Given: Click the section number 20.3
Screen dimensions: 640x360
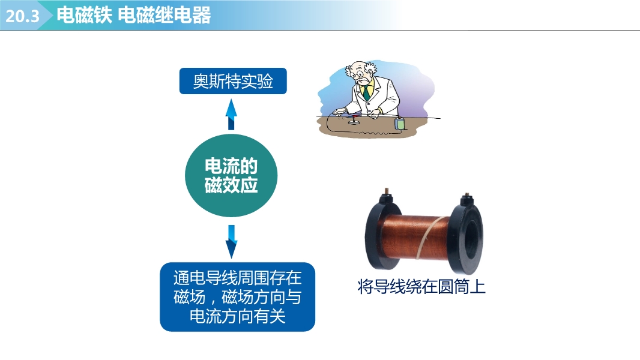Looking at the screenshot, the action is pyautogui.click(x=22, y=16).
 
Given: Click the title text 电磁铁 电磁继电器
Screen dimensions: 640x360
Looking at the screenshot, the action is pyautogui.click(x=133, y=15).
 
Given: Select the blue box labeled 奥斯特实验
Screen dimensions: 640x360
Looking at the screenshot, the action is pyautogui.click(x=233, y=81).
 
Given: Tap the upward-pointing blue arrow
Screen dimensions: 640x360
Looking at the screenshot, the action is pyautogui.click(x=231, y=115).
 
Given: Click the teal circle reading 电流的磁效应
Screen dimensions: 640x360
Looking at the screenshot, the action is pyautogui.click(x=231, y=175).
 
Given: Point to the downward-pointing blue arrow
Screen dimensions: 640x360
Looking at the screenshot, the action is pyautogui.click(x=231, y=241).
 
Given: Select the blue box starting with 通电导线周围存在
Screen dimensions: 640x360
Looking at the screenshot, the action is pyautogui.click(x=238, y=297).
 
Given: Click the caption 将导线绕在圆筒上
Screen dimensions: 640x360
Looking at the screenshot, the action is pyautogui.click(x=421, y=287).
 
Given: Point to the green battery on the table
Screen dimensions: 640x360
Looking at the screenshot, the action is pyautogui.click(x=400, y=124).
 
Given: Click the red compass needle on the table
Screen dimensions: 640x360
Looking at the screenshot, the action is pyautogui.click(x=354, y=118).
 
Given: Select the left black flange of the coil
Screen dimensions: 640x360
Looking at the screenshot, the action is pyautogui.click(x=378, y=232).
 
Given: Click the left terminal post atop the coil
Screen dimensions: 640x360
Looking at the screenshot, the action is pyautogui.click(x=385, y=194).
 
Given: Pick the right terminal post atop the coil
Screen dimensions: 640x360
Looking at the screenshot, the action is pyautogui.click(x=466, y=198).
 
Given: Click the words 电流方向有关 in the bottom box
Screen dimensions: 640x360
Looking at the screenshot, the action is pyautogui.click(x=238, y=317).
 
